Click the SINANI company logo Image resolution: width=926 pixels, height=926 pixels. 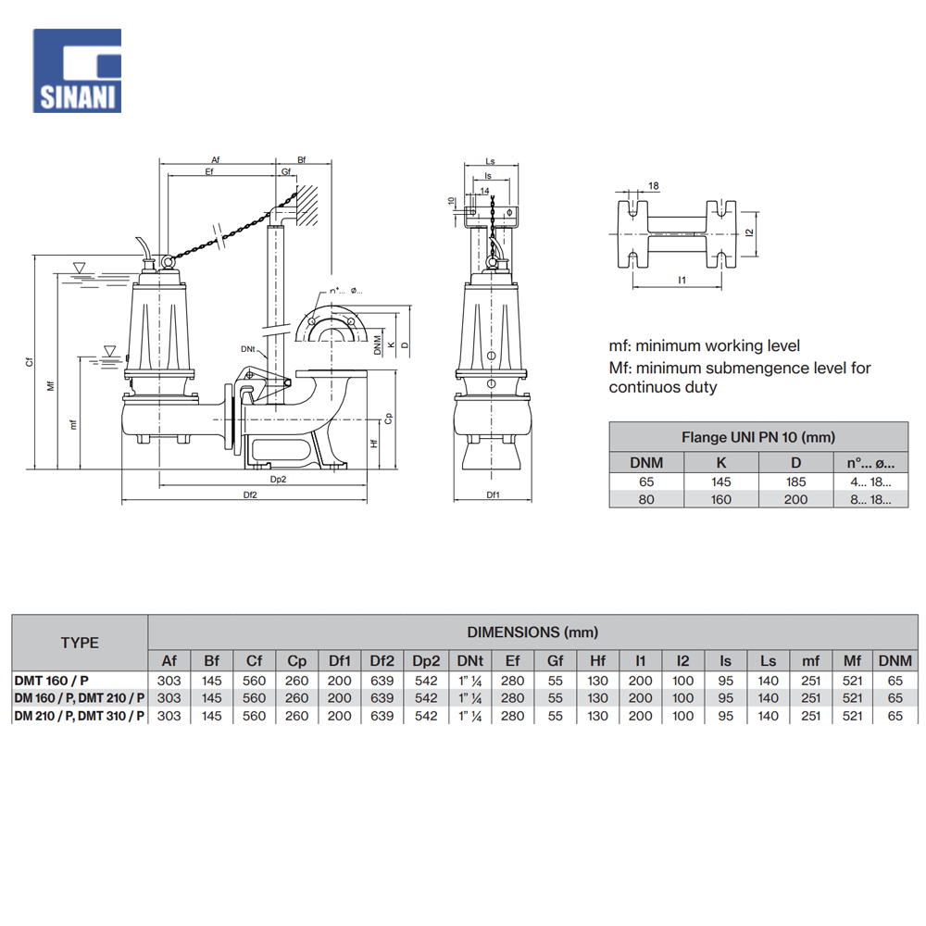click(77, 70)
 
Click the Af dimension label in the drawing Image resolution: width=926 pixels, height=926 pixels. click(215, 160)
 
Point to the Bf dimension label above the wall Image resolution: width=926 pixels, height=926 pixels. click(303, 160)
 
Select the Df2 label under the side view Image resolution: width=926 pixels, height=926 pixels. click(250, 495)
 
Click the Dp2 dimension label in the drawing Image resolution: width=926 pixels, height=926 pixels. click(278, 479)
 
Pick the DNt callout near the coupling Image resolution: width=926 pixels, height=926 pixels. click(247, 348)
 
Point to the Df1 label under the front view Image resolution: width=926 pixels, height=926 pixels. click(493, 495)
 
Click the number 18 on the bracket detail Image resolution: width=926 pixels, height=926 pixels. click(654, 186)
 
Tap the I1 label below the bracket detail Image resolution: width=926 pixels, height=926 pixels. click(682, 279)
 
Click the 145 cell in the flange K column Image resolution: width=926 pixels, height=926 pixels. click(720, 482)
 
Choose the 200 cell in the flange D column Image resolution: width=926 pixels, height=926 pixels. click(795, 499)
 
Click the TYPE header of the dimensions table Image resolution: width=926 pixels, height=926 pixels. click(80, 642)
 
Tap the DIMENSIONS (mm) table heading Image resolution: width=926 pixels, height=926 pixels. click(532, 632)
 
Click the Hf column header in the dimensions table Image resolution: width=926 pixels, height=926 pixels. click(597, 661)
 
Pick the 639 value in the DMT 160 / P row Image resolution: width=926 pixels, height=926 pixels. click(382, 681)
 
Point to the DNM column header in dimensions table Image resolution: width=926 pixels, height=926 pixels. click(895, 661)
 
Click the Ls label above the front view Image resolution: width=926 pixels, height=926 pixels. click(490, 161)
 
